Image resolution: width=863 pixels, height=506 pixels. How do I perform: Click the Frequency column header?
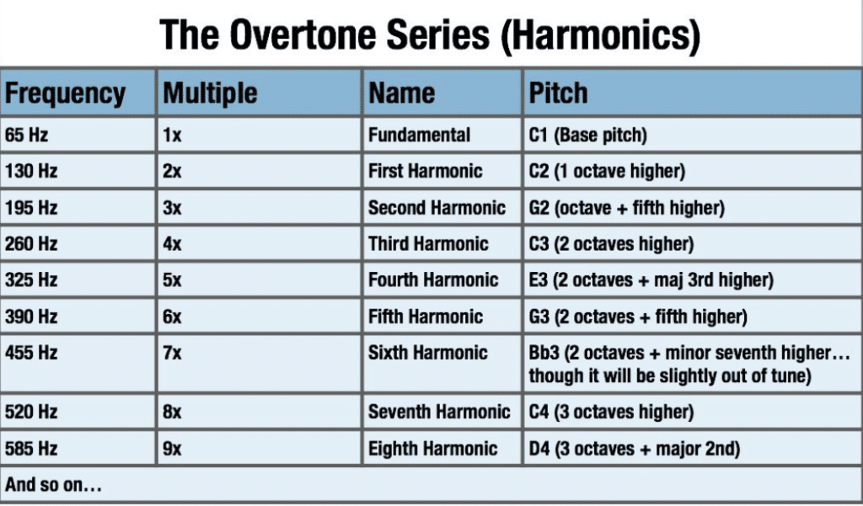[66, 93]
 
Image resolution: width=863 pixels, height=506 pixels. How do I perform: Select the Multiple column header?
[210, 93]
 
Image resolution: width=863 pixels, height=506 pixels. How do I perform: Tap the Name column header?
[401, 93]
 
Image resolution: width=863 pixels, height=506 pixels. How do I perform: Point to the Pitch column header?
[559, 93]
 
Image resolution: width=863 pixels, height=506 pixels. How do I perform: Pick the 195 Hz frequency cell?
[31, 208]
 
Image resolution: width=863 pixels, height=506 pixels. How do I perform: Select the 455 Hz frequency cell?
[31, 353]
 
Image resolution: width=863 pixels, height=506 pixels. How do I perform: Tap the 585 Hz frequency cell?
[31, 449]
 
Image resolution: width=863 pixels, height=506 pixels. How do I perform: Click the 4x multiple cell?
[172, 244]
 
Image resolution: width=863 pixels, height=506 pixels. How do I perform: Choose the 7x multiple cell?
[172, 353]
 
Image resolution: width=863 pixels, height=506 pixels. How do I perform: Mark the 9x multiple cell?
[172, 449]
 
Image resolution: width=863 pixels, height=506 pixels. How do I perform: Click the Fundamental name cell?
[419, 135]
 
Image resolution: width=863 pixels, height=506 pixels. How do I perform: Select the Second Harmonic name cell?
[437, 208]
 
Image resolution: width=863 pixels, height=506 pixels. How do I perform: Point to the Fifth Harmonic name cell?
[426, 317]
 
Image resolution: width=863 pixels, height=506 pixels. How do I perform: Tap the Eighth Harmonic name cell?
[432, 449]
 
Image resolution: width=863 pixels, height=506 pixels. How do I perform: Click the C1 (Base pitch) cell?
[587, 135]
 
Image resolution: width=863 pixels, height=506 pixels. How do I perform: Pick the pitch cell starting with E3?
[651, 280]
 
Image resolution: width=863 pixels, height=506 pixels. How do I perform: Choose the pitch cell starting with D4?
[634, 449]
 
